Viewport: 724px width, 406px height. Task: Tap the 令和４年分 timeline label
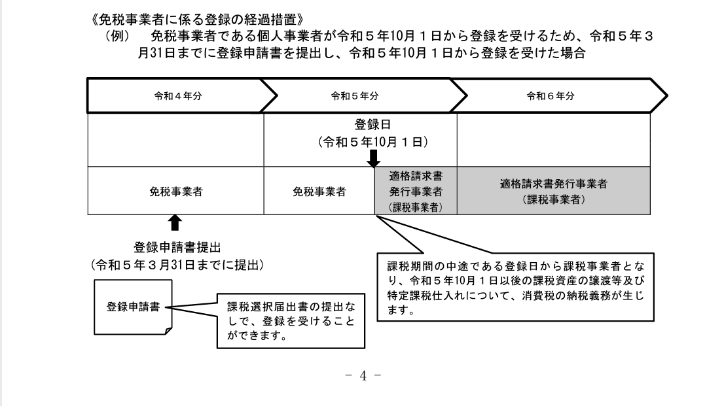[x=177, y=96]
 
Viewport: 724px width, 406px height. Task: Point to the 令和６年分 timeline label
[x=551, y=96]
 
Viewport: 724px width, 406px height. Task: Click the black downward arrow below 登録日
[x=374, y=158]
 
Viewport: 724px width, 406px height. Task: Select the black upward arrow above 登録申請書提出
[x=174, y=224]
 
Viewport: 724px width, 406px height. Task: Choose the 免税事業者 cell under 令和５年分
[x=319, y=192]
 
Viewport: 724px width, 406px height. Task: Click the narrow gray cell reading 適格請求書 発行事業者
[x=415, y=191]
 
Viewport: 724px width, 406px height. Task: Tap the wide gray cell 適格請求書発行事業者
[x=553, y=191]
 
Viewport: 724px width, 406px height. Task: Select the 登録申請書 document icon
[x=133, y=306]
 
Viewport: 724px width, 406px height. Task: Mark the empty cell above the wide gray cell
[x=553, y=141]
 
